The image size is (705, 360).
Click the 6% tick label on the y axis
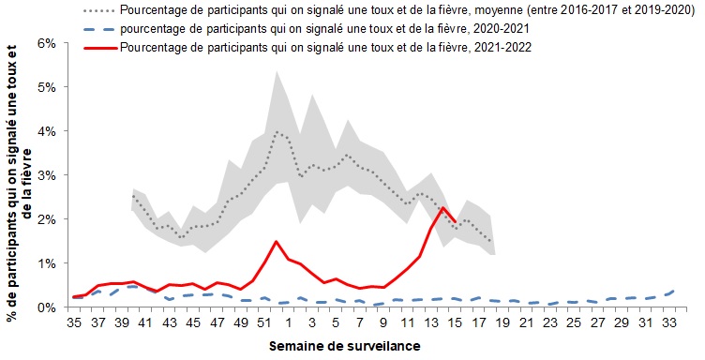(x=47, y=44)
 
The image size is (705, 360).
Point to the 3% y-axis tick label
(x=47, y=175)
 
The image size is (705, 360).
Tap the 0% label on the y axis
(x=47, y=307)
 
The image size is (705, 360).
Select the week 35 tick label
(x=74, y=323)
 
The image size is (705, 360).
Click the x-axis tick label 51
(x=264, y=323)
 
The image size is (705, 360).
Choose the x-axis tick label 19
(x=503, y=323)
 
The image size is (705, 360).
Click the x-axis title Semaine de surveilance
(x=345, y=347)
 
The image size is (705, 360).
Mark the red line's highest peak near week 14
(x=443, y=207)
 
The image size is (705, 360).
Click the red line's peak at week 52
(x=276, y=241)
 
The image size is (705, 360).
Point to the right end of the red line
(x=456, y=221)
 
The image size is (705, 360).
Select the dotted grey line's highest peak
(x=277, y=131)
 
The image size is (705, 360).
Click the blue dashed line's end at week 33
(x=673, y=291)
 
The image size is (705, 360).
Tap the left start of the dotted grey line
(x=133, y=196)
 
